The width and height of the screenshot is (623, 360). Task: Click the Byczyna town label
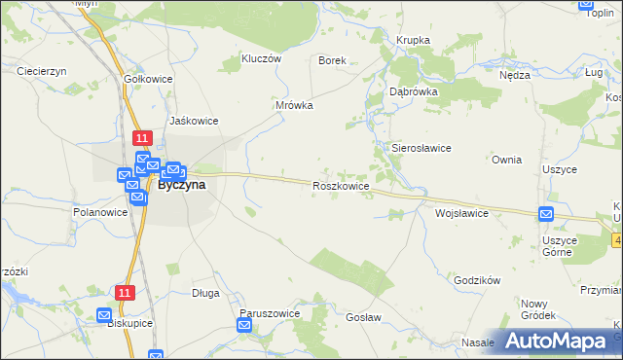click(x=182, y=186)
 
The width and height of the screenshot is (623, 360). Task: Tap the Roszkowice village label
click(x=341, y=185)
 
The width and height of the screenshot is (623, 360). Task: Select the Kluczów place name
click(x=261, y=58)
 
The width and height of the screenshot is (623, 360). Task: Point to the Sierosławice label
click(x=421, y=148)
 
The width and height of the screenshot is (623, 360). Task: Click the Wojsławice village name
click(x=461, y=212)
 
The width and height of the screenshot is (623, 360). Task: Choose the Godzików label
click(x=477, y=280)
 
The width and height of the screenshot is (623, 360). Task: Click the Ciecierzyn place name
click(x=41, y=71)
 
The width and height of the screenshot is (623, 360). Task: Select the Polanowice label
click(x=101, y=211)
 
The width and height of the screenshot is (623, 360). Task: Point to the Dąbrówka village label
click(x=414, y=90)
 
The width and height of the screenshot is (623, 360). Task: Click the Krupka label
click(x=413, y=40)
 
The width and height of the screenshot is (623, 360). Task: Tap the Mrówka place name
click(x=294, y=105)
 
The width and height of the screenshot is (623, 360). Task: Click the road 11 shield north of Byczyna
click(x=142, y=138)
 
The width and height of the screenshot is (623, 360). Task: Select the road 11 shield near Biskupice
click(x=124, y=292)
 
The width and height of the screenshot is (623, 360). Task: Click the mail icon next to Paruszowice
click(x=245, y=326)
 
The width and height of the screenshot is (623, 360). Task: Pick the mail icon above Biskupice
click(x=105, y=314)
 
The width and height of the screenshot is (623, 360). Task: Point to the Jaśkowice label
click(x=194, y=121)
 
